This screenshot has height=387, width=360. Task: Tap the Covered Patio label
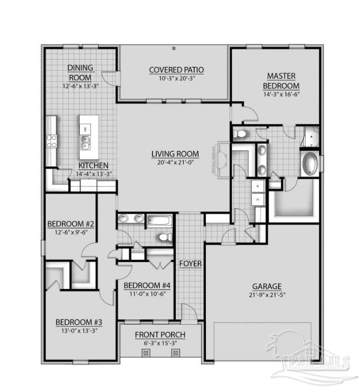(x=176, y=70)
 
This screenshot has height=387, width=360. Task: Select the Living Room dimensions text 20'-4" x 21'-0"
(x=173, y=162)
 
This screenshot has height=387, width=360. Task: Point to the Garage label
(x=266, y=286)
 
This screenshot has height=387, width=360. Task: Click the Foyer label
(x=190, y=263)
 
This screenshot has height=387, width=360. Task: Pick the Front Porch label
(x=160, y=335)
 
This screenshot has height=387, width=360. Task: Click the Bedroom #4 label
(x=147, y=285)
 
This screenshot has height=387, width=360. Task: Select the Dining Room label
(x=80, y=72)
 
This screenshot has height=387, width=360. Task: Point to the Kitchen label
(x=93, y=166)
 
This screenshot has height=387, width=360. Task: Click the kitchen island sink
(x=84, y=141)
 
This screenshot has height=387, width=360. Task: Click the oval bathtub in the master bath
(x=310, y=164)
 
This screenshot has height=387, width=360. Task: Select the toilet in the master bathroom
(x=241, y=134)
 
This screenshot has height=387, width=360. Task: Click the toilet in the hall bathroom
(x=164, y=238)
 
